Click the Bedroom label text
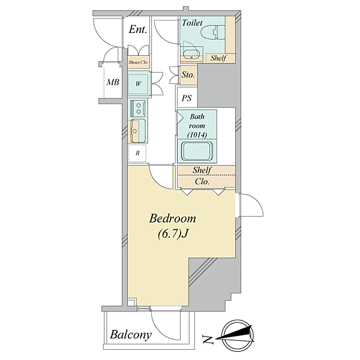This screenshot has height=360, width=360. point(173,218)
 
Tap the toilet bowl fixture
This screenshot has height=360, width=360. point(213,32)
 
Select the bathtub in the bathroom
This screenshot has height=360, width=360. point(197,151)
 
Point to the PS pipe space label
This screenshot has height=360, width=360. point(187,98)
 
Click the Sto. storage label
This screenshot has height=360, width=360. point(188,74)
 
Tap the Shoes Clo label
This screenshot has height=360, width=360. point(138,62)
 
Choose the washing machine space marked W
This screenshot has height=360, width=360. point(139,83)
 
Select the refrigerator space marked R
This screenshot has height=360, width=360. point(137,153)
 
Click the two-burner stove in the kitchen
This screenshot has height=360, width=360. point(138,109)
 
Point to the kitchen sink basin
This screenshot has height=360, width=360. point(138,131)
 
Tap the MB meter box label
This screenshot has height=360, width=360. point(113,82)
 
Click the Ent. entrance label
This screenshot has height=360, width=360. point(138,29)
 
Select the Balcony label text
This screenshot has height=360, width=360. point(131,335)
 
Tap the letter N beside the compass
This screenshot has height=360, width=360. point(208,340)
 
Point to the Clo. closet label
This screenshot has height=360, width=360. point(202,182)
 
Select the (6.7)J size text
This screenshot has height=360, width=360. point(173,234)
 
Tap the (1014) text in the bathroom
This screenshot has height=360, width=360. point(197,135)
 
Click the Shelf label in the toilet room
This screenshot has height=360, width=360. point(218,58)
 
